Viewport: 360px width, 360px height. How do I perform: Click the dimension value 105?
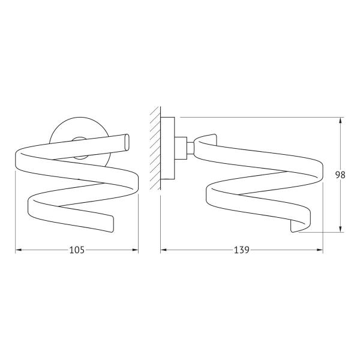(77, 250)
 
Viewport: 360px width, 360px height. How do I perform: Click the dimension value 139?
(242, 250)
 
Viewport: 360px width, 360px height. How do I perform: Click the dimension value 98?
(340, 175)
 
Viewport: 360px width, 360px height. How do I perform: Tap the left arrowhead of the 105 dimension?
(19, 250)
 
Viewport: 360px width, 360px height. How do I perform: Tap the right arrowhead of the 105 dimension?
(135, 250)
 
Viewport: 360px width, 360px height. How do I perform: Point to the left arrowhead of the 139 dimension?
(163, 250)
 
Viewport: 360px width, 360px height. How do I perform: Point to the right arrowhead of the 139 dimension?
(320, 250)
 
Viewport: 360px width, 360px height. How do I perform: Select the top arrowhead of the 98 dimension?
(340, 121)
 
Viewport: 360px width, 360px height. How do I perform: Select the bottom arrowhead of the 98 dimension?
(340, 229)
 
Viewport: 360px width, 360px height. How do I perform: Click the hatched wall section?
(155, 148)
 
